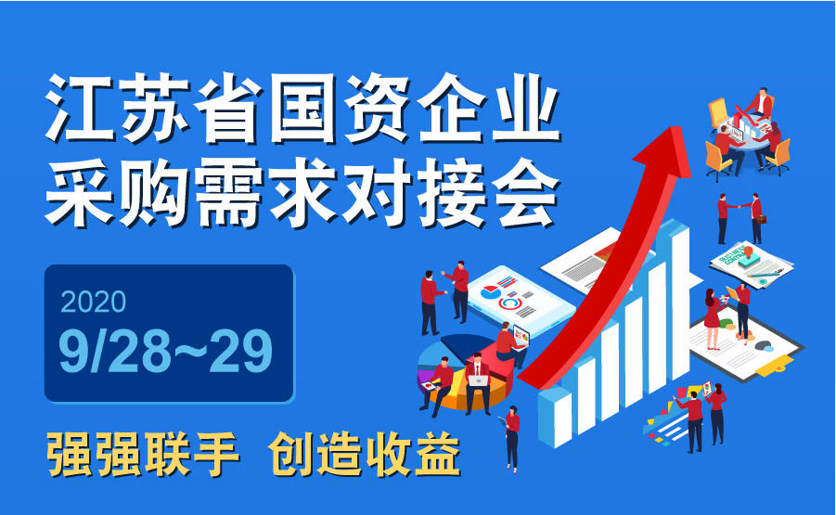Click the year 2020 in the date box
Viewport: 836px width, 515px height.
pyautogui.click(x=94, y=302)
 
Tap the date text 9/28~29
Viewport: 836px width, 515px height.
pyautogui.click(x=166, y=351)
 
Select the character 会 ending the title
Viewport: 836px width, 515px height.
pyautogui.click(x=526, y=192)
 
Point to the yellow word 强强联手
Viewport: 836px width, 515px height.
pyautogui.click(x=143, y=455)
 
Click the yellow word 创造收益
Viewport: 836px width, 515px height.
pyautogui.click(x=364, y=455)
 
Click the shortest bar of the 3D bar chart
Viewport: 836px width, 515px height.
pyautogui.click(x=556, y=417)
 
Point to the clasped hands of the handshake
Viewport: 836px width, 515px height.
pyautogui.click(x=739, y=206)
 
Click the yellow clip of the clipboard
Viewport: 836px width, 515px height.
pyautogui.click(x=775, y=366)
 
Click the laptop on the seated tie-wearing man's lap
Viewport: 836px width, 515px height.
pyautogui.click(x=478, y=380)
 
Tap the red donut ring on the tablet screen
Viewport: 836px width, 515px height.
pyautogui.click(x=510, y=303)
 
